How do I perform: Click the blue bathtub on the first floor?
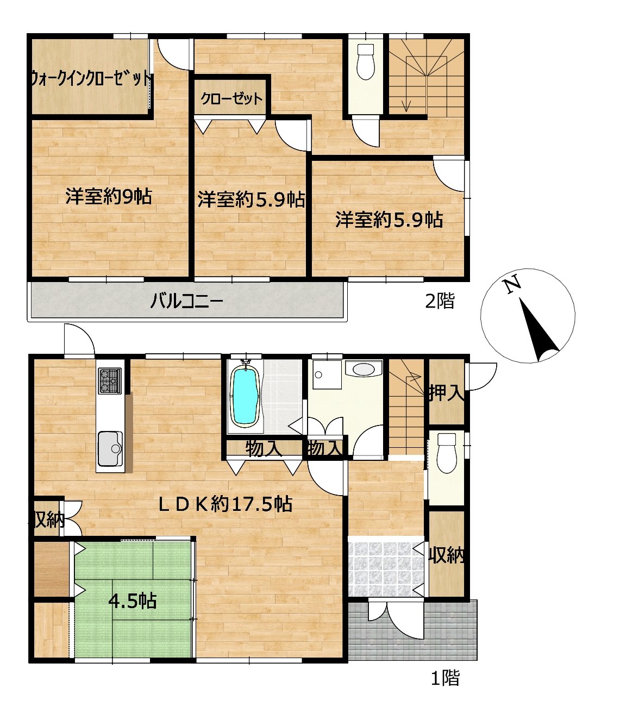(x=246, y=397)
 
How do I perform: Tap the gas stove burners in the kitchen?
(x=110, y=381)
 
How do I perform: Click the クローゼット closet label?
(x=231, y=99)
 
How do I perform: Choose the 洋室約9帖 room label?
(x=109, y=197)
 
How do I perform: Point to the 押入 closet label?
(x=447, y=393)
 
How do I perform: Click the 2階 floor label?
(x=440, y=301)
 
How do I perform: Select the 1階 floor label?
(x=446, y=678)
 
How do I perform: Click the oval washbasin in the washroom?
(x=364, y=368)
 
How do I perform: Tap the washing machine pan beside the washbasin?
(x=327, y=374)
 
